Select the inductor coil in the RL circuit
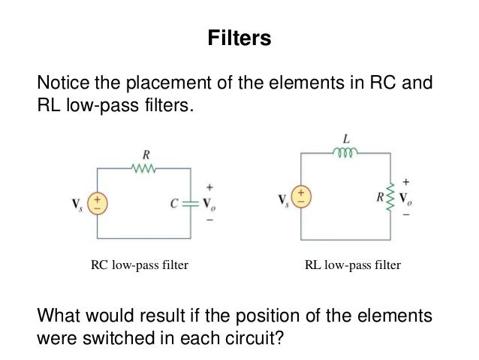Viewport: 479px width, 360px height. pos(345,153)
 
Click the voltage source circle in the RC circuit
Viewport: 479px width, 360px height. pos(98,203)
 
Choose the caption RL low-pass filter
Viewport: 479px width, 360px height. pos(352,265)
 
